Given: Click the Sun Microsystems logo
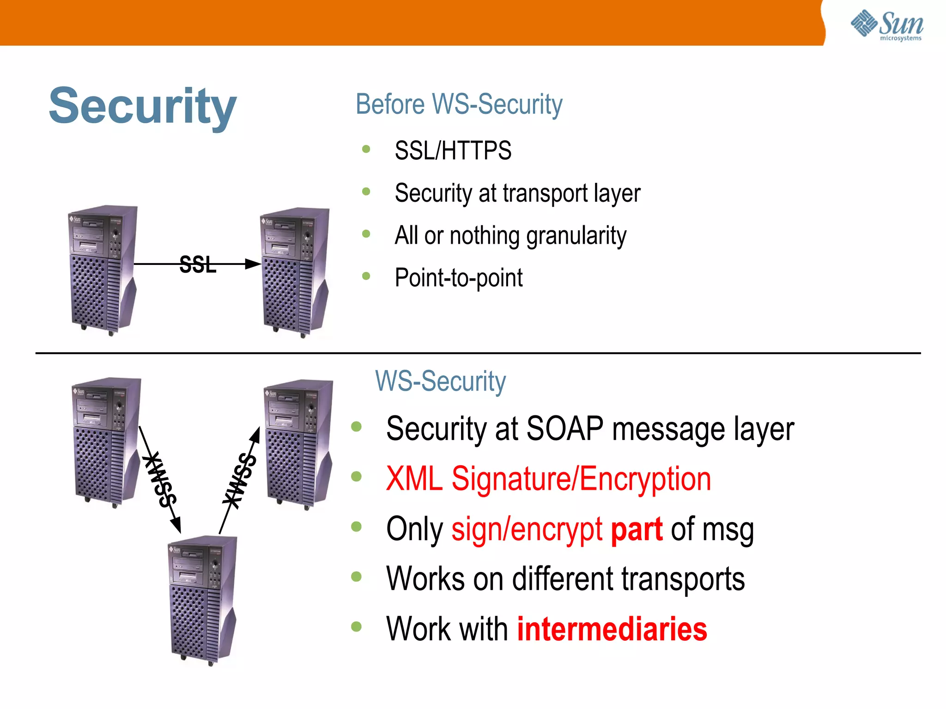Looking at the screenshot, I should point(887,25).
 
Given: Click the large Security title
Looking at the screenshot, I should point(143,107).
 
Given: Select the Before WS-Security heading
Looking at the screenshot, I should point(459,104).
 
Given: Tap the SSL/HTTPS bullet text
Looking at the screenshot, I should point(453,150).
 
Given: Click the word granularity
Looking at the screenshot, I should point(576,236).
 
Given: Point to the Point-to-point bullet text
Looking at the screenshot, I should point(458,278).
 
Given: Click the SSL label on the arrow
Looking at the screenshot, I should point(198,265).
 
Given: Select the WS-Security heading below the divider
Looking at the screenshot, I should point(440,381).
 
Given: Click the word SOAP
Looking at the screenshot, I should point(564,429).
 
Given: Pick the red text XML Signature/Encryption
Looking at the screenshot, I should point(548,479).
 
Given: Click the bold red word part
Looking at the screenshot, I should point(637,529).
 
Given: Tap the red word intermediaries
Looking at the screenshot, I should point(612,629).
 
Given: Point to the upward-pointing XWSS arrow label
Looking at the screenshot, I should point(239,480).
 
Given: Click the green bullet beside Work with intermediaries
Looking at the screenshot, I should point(356,626).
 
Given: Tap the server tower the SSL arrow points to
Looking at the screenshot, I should point(295,272).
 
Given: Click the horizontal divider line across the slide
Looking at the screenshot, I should point(478,353).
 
